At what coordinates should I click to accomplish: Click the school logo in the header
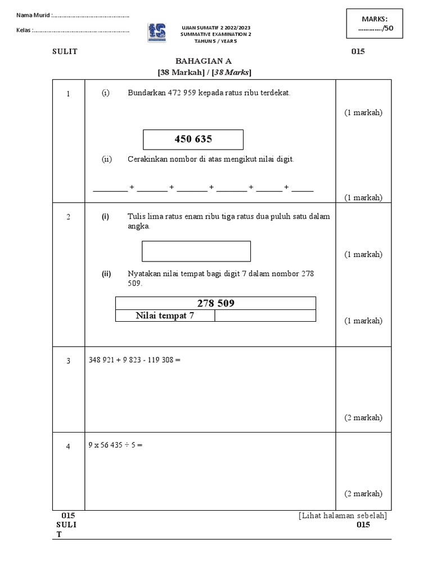point(157,33)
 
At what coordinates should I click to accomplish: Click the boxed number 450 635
point(193,139)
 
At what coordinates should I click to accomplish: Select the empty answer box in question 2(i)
point(196,251)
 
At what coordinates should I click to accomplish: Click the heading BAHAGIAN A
point(204,61)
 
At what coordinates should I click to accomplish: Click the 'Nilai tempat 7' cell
point(165,316)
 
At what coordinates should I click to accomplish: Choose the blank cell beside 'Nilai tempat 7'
point(265,316)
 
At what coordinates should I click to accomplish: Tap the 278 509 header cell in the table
point(215,303)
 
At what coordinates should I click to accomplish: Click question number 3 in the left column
point(68,361)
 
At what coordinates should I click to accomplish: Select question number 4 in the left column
point(68,447)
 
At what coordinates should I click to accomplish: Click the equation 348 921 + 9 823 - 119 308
point(134,359)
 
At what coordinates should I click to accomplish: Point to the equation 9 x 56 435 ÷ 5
point(116,445)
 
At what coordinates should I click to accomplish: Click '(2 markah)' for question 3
point(363,417)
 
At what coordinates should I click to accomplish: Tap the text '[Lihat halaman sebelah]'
point(343,515)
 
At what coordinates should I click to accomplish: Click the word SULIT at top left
point(65,52)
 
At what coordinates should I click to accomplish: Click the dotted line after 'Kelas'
point(82,30)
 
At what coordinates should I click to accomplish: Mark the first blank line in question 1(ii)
point(110,189)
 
